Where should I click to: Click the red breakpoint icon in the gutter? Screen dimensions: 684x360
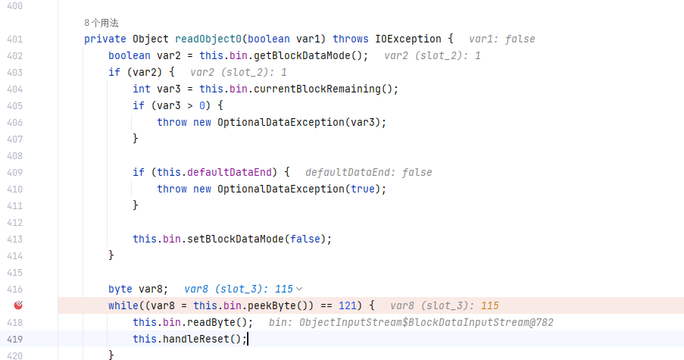pyautogui.click(x=20, y=305)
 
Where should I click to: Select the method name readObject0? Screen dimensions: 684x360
pyautogui.click(x=208, y=39)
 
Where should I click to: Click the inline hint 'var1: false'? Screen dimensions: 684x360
pyautogui.click(x=502, y=39)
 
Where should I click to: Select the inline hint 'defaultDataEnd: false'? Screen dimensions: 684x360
pyautogui.click(x=369, y=172)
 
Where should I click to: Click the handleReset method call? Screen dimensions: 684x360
pyautogui.click(x=202, y=339)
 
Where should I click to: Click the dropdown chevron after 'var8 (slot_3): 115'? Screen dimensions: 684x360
pyautogui.click(x=299, y=289)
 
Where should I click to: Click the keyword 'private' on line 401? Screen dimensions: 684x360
pyautogui.click(x=105, y=39)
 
